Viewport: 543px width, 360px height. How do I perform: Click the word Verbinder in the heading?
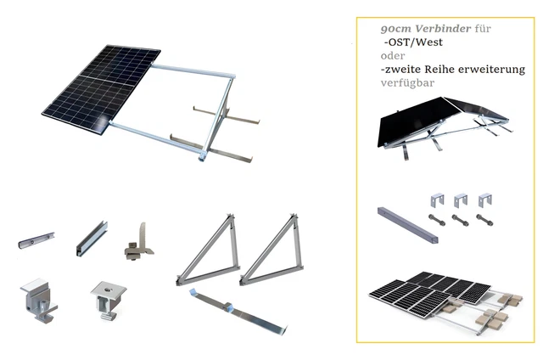click(x=443, y=29)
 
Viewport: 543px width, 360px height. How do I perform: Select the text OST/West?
click(x=415, y=42)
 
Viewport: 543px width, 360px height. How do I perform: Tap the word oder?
click(x=393, y=56)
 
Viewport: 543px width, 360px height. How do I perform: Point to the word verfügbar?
click(x=407, y=83)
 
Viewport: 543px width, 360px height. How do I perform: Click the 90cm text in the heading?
click(x=396, y=29)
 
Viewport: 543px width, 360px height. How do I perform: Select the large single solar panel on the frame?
click(x=101, y=88)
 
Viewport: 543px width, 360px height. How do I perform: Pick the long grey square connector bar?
click(x=407, y=224)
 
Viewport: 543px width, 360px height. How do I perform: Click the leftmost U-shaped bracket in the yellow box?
click(x=437, y=200)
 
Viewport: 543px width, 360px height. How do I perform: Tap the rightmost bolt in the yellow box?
click(x=484, y=220)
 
